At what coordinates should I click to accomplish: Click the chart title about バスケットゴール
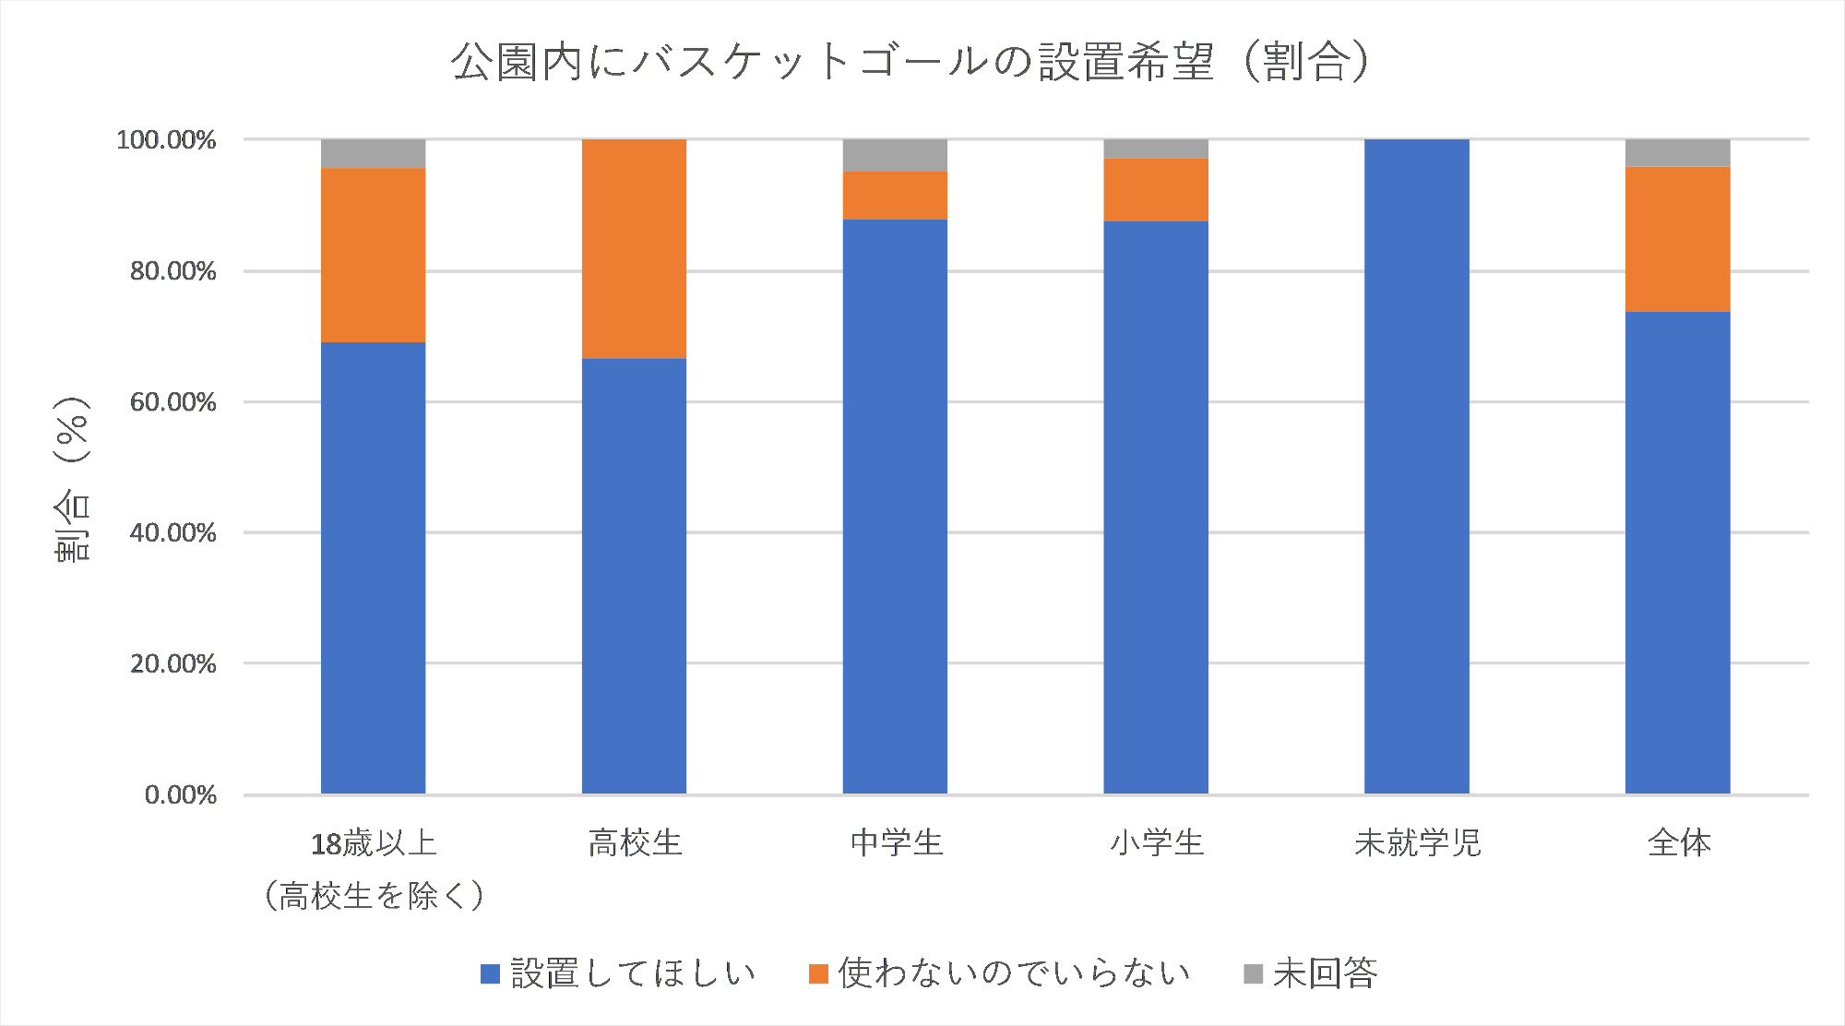click(x=911, y=62)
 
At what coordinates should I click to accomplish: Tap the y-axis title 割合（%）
click(x=72, y=480)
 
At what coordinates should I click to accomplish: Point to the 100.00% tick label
click(x=166, y=140)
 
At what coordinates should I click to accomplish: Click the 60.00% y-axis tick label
click(x=173, y=402)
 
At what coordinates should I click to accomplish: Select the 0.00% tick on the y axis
click(x=180, y=795)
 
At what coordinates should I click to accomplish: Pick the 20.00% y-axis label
click(x=173, y=664)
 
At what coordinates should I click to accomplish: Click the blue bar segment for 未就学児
click(x=1416, y=466)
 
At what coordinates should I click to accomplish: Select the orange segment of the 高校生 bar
click(x=634, y=248)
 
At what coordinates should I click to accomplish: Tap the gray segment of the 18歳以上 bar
click(x=373, y=153)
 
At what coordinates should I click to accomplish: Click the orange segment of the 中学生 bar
click(x=895, y=195)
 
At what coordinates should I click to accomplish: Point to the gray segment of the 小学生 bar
click(x=1156, y=149)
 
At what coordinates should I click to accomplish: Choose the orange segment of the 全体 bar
click(x=1677, y=239)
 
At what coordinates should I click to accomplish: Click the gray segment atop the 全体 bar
click(x=1677, y=152)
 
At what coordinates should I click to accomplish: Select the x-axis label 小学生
click(x=1157, y=842)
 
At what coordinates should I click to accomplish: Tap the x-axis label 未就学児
click(x=1417, y=842)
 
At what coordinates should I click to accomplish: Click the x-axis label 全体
click(x=1679, y=842)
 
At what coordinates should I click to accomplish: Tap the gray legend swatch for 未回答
click(x=1253, y=973)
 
